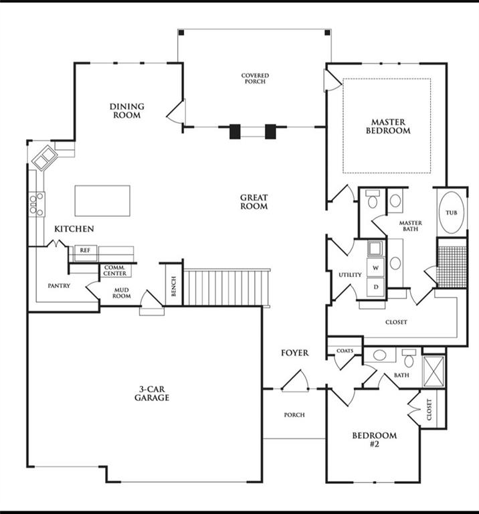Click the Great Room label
tap(254, 202)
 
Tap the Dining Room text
tap(127, 111)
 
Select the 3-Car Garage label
tap(152, 394)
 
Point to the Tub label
tap(451, 213)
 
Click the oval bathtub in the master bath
tap(451, 212)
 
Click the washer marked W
tap(375, 268)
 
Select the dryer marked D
tap(375, 287)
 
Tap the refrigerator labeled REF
tap(85, 253)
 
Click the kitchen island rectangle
tap(102, 201)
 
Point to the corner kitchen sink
tap(45, 158)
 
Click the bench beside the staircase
tap(174, 285)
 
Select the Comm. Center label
tap(115, 270)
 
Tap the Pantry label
tap(59, 286)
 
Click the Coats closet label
tap(345, 351)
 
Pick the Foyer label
tap(295, 353)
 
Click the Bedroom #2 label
tap(375, 440)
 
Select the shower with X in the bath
tap(434, 371)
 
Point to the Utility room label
tap(351, 274)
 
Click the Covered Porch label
tap(256, 78)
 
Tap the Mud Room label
tap(122, 293)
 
